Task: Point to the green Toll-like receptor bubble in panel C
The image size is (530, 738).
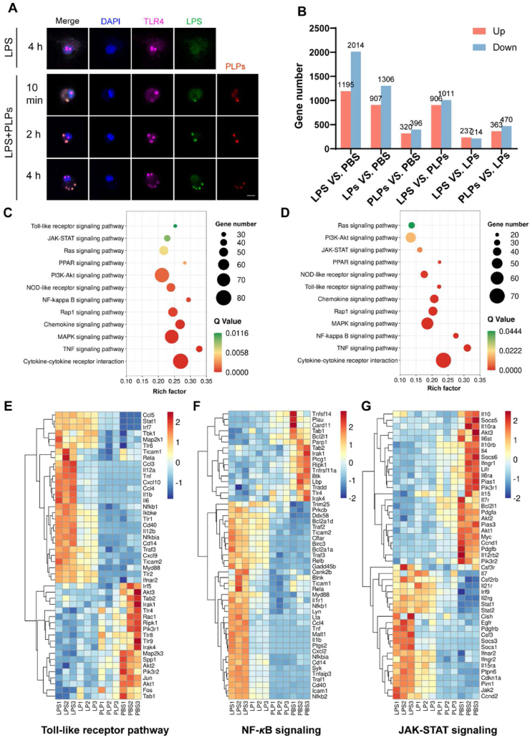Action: pos(175,226)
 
